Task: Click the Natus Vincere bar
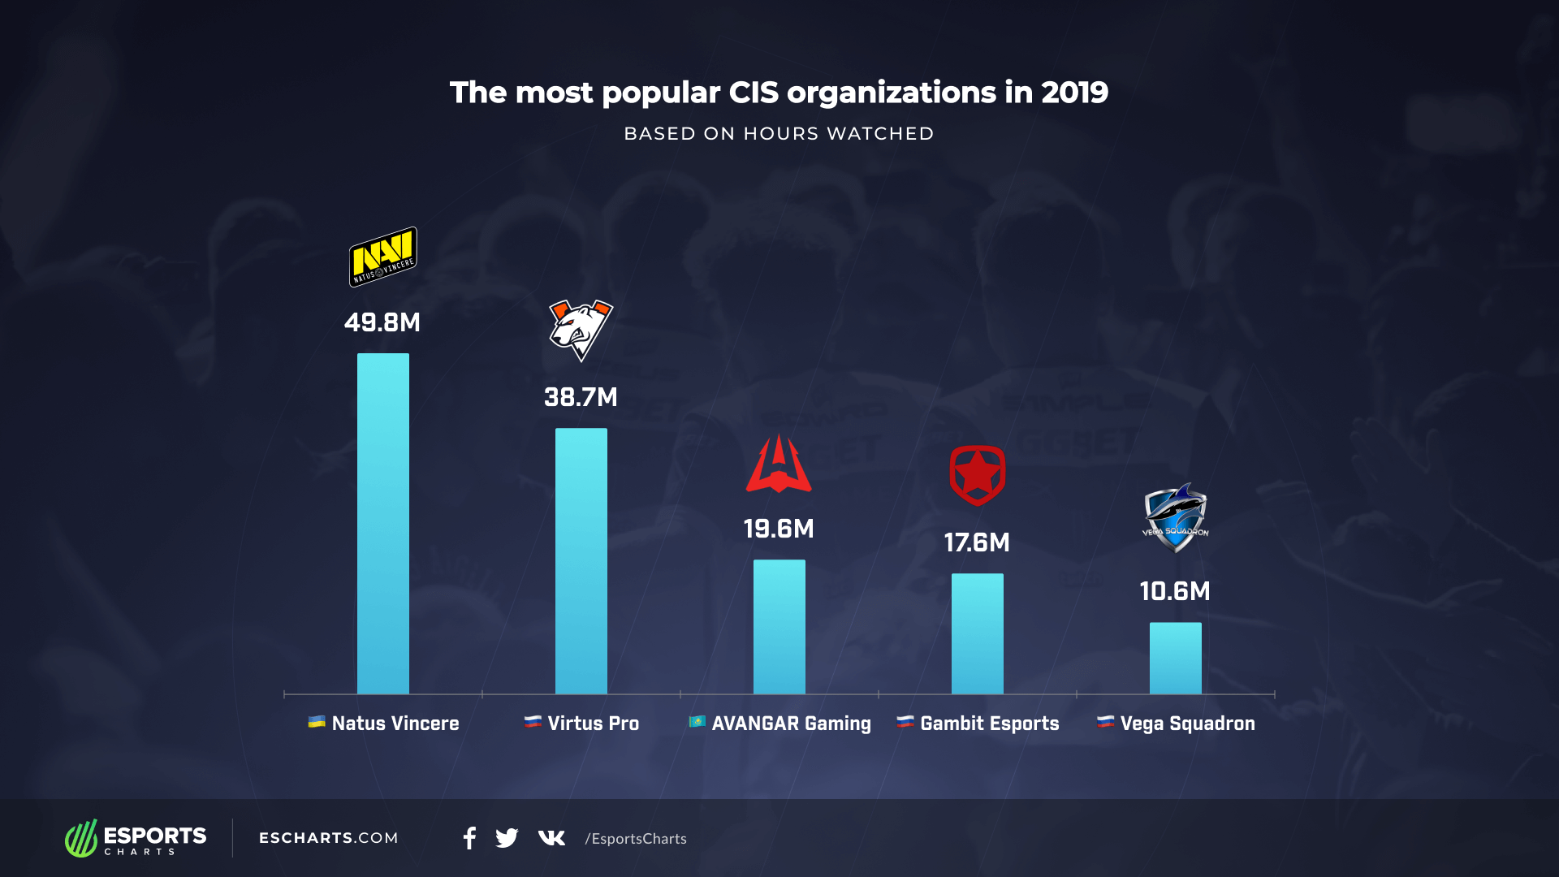pos(382,524)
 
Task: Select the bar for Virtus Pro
pos(581,560)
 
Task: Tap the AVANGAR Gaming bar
pos(779,626)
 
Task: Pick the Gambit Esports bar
pos(977,633)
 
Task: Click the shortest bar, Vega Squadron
pos(1175,658)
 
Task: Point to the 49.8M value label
pos(382,322)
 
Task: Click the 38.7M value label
pos(581,397)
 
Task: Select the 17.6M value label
pos(977,542)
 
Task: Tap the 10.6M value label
pos(1175,591)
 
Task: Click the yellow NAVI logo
pos(382,257)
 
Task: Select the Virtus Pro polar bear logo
pos(581,330)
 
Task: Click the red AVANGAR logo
pos(779,464)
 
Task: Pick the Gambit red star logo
pos(977,475)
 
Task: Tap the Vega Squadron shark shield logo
pos(1175,518)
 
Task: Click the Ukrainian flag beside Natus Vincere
pos(317,722)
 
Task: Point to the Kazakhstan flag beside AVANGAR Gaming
pos(697,722)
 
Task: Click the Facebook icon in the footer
pos(469,838)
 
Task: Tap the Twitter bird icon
pos(507,838)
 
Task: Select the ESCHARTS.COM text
pos(328,838)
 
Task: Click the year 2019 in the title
pos(1074,93)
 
